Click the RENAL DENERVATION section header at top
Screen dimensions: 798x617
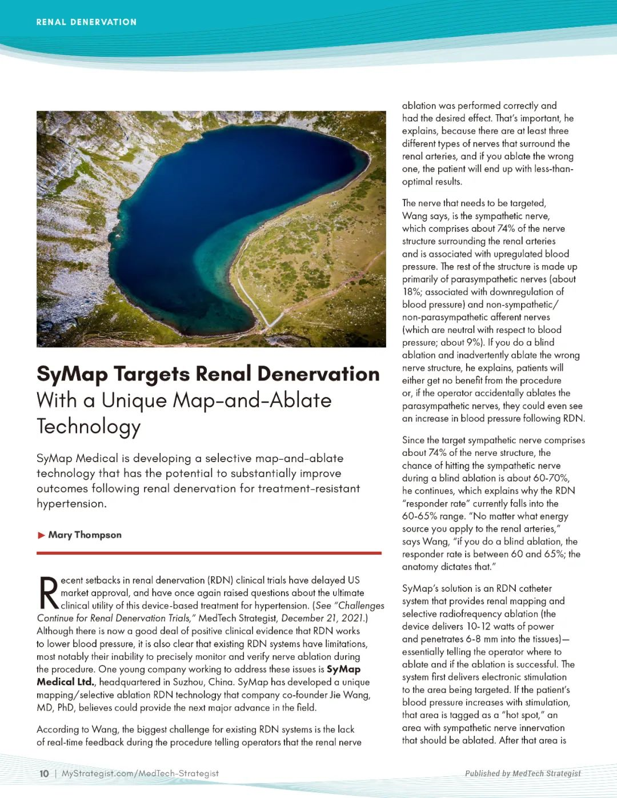pyautogui.click(x=86, y=22)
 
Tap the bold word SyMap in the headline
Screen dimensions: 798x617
pyautogui.click(x=72, y=374)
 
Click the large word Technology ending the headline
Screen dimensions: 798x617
pyautogui.click(x=89, y=426)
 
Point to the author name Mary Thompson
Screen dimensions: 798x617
pyautogui.click(x=85, y=535)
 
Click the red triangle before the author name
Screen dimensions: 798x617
pyautogui.click(x=41, y=535)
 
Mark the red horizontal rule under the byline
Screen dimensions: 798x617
pyautogui.click(x=209, y=553)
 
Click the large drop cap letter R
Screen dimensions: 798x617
pyautogui.click(x=48, y=592)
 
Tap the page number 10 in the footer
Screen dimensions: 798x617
pyautogui.click(x=44, y=773)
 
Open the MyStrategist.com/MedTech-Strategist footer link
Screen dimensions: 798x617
pyautogui.click(x=140, y=773)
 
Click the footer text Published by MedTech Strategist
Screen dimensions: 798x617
pyautogui.click(x=522, y=773)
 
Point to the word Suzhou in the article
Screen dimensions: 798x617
pyautogui.click(x=189, y=682)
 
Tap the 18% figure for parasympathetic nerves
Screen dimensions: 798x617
pyautogui.click(x=411, y=292)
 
